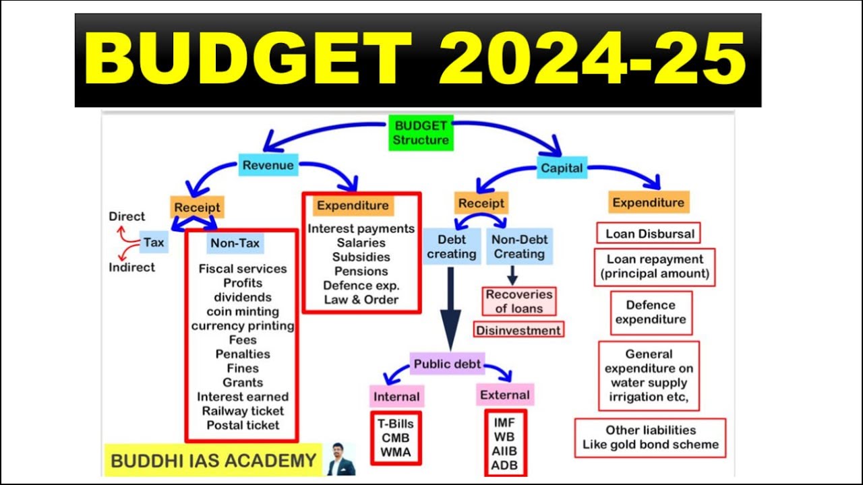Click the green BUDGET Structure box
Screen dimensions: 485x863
[421, 133]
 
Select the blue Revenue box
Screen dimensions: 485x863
[268, 166]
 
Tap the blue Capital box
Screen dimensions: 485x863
[562, 168]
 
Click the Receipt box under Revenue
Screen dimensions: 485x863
[198, 207]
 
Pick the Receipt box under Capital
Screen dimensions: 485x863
[481, 203]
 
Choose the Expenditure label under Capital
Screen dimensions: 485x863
[648, 203]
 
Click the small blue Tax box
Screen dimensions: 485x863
[154, 243]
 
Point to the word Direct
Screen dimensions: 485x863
[127, 216]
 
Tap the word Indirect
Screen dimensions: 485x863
[131, 267]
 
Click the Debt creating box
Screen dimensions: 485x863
[452, 247]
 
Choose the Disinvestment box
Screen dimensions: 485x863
[518, 330]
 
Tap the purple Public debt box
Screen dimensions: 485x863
[447, 364]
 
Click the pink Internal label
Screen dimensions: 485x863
[396, 396]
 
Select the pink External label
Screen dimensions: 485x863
[505, 395]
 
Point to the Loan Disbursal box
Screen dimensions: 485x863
[649, 234]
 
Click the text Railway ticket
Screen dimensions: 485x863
[243, 411]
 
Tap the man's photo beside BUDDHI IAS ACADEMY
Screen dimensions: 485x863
[340, 459]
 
